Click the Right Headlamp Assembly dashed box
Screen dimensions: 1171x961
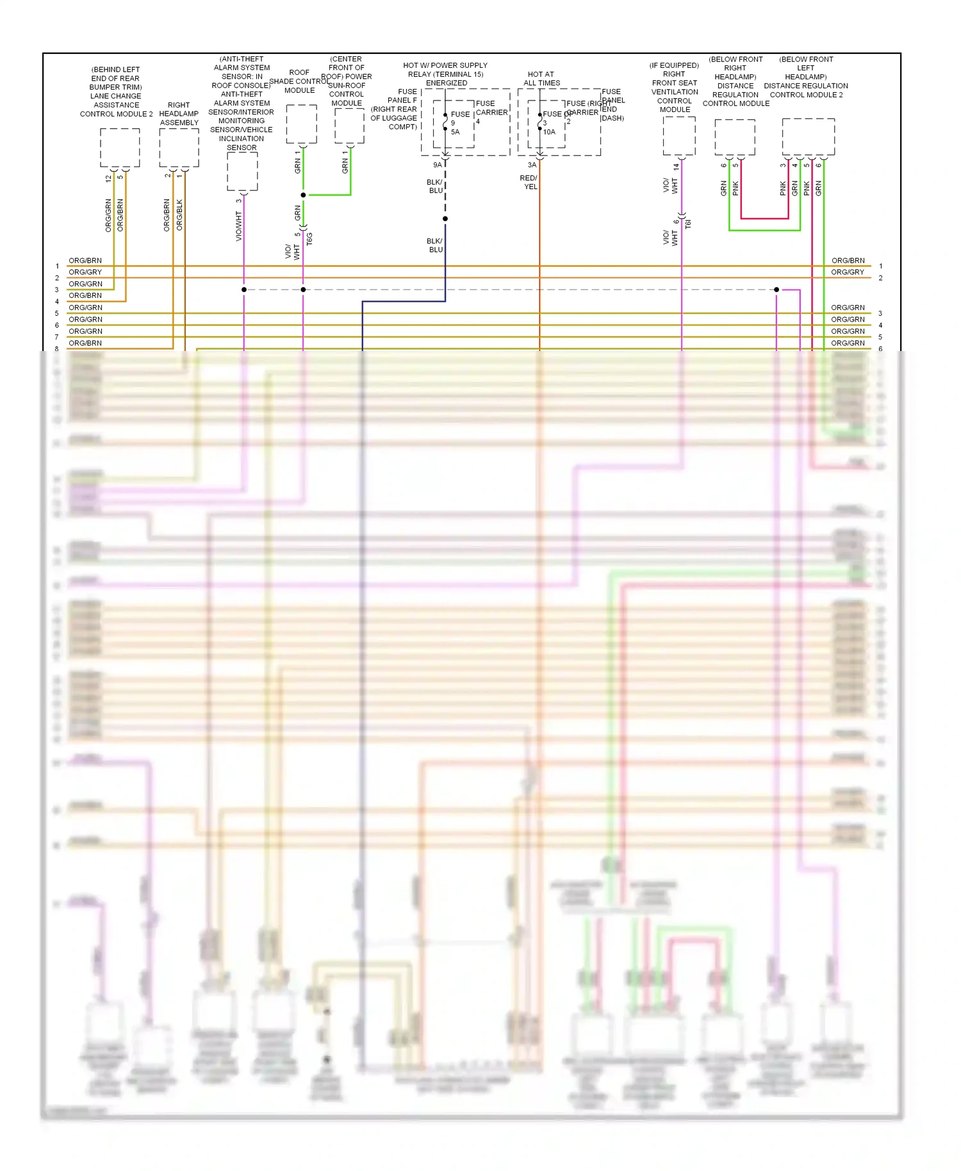(x=179, y=147)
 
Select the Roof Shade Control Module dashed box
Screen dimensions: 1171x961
(x=301, y=124)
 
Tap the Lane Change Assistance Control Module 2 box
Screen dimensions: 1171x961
(x=120, y=147)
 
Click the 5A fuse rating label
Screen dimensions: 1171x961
(x=455, y=132)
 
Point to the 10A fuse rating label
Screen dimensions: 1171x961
(x=549, y=132)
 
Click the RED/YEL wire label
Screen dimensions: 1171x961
(x=529, y=183)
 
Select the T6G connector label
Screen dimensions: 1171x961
(x=309, y=239)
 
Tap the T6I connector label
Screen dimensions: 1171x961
(x=688, y=224)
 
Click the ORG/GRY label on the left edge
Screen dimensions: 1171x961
(x=85, y=272)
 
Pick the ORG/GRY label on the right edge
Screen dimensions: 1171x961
(x=848, y=272)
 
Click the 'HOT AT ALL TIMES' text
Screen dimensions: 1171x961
(x=541, y=79)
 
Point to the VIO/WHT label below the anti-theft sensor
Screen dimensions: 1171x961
(x=239, y=226)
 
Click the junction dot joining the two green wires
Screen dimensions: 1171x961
(x=303, y=195)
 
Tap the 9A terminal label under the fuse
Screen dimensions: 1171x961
(x=437, y=165)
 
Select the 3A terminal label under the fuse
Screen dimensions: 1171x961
(x=532, y=165)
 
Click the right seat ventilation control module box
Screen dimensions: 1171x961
(x=679, y=136)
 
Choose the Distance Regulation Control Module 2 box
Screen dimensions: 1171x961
(x=808, y=136)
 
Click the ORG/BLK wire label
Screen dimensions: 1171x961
(x=179, y=215)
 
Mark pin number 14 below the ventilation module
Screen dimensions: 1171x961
(x=676, y=167)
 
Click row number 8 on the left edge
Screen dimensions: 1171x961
(x=57, y=348)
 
